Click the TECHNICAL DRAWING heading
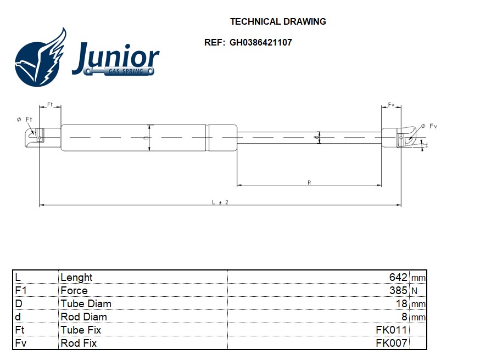point(278,22)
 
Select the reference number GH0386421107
point(260,42)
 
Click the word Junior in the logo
point(115,58)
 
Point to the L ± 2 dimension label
point(220,202)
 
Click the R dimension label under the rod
point(309,183)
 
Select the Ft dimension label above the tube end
point(49,104)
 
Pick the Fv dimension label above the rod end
point(392,104)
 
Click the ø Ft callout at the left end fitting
point(25,119)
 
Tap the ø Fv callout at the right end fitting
point(429,126)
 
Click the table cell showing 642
point(398,277)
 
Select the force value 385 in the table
point(398,290)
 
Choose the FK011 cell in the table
point(391,330)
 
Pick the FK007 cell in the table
point(391,343)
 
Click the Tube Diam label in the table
point(86,303)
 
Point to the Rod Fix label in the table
point(79,343)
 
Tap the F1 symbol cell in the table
point(21,290)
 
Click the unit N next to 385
point(415,291)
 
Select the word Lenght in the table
point(76,277)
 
